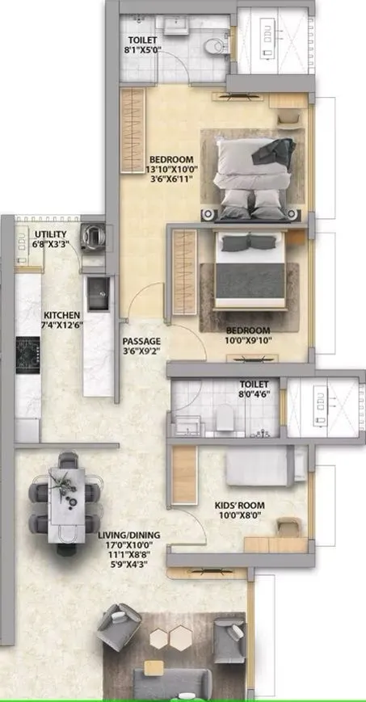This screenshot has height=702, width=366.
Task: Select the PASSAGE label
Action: (x=141, y=342)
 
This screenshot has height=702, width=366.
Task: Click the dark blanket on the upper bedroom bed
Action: (x=279, y=149)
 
